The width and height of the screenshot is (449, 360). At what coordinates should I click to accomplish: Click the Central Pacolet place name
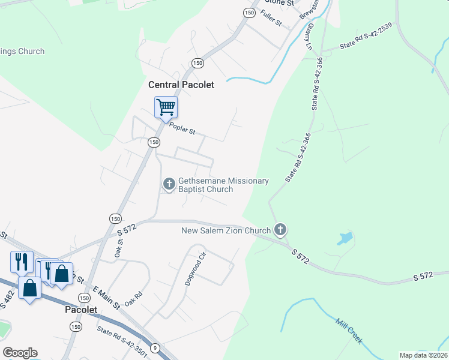(181, 85)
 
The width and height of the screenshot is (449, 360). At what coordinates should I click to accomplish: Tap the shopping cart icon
(166, 108)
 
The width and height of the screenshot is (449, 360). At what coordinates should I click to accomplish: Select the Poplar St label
(182, 128)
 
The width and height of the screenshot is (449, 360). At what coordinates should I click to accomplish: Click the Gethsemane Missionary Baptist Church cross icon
(169, 184)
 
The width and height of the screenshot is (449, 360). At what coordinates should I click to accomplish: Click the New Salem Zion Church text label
(226, 231)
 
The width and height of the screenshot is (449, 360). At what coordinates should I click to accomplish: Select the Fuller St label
(271, 20)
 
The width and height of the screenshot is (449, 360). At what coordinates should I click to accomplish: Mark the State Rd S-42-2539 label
(366, 43)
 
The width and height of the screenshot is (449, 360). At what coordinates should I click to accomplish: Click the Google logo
(20, 353)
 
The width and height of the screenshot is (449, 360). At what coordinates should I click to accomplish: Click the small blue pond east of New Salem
(345, 238)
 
